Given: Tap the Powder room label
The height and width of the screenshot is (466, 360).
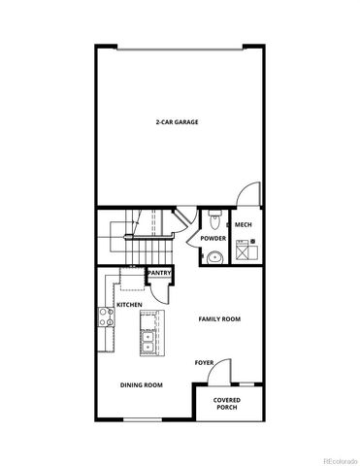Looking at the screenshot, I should pos(213,239).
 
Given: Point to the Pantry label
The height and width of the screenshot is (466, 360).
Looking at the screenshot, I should pos(159,273).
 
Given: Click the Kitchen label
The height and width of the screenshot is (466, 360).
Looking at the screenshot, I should pos(130,305).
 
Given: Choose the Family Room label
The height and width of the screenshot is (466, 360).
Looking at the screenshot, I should pos(219,318).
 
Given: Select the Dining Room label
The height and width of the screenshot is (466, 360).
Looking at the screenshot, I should pos(141,384).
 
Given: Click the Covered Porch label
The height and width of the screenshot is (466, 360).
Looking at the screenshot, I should pos(227,402).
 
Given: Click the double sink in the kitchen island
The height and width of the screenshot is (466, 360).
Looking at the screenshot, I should pos(147,342).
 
